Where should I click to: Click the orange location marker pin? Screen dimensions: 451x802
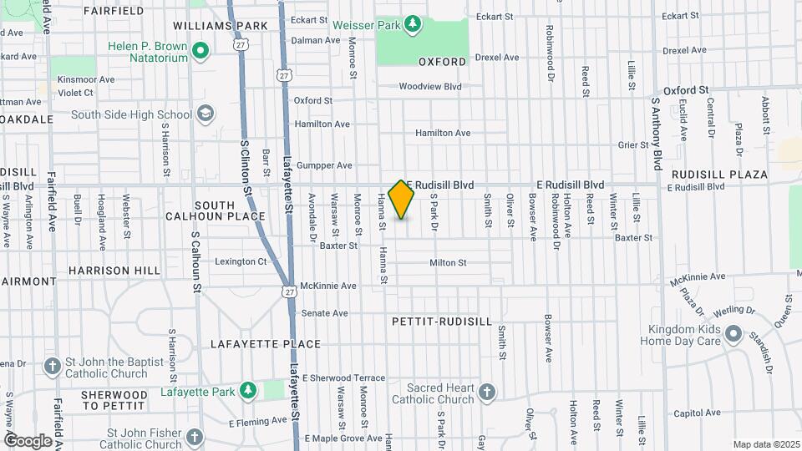click(402, 199)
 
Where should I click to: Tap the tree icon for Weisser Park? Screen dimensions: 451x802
click(411, 24)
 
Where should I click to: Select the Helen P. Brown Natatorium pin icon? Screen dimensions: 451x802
click(200, 53)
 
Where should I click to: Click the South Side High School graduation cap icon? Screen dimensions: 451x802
click(206, 114)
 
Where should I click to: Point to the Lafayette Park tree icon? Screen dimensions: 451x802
click(247, 390)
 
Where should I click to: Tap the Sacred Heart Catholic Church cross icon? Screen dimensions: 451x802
click(487, 392)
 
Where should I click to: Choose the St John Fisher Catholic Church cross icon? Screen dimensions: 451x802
click(194, 438)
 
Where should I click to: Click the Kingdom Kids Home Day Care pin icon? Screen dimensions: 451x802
click(733, 334)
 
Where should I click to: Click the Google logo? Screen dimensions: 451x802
click(28, 440)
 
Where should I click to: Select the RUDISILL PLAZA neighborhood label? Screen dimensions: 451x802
click(719, 175)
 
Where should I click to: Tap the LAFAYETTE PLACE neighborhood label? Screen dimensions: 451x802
click(266, 344)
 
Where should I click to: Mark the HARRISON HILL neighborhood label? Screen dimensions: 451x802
click(114, 271)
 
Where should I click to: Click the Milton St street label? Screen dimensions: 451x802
click(448, 263)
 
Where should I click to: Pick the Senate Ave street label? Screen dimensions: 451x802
click(324, 313)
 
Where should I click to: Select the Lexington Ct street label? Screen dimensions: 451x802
click(241, 261)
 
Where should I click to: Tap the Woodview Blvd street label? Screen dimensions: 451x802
click(430, 86)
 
